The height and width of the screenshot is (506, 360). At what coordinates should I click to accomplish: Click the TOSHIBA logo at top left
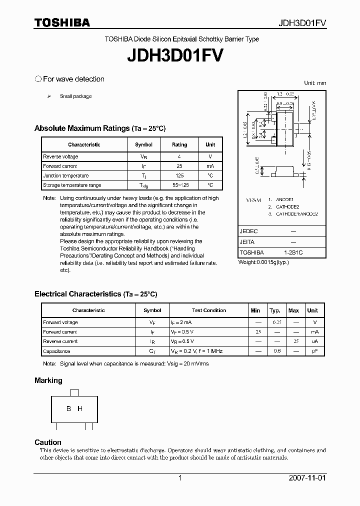click(62, 22)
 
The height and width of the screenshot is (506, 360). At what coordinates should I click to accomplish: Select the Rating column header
click(179, 144)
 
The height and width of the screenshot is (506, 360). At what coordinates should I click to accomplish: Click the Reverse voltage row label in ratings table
click(60, 156)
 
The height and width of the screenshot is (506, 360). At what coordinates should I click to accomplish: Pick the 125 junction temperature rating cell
click(179, 175)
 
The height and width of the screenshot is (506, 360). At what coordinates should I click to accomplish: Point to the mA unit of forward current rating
click(210, 166)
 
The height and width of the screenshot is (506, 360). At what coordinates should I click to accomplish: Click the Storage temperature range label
click(72, 185)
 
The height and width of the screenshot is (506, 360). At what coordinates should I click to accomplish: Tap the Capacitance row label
click(56, 351)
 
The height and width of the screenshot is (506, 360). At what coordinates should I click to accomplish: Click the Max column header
click(294, 310)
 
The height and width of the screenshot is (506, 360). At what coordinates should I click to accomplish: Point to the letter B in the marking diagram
click(69, 408)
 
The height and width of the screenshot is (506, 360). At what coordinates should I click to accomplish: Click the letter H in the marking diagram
click(80, 408)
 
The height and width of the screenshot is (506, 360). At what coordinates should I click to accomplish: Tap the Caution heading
click(48, 442)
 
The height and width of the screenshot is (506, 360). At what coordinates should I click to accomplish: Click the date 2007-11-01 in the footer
click(307, 478)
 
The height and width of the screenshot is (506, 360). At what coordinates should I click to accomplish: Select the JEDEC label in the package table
click(248, 231)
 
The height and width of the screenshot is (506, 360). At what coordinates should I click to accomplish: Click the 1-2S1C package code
click(293, 252)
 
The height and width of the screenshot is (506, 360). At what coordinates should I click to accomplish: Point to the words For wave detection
click(73, 79)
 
